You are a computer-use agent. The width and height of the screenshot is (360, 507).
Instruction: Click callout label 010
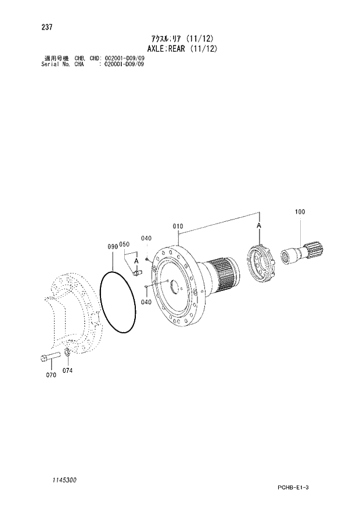click(178, 226)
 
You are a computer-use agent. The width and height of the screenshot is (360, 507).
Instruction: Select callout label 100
click(300, 212)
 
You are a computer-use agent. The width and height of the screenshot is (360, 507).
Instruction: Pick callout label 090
click(113, 246)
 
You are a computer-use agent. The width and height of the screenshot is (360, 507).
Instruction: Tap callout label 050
click(124, 245)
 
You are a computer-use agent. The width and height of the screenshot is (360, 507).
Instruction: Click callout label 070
click(51, 375)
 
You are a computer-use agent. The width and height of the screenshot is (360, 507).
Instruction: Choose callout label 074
click(68, 370)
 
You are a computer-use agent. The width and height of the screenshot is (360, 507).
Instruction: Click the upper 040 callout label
click(146, 239)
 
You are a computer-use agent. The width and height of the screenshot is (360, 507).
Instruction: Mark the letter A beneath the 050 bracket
click(136, 261)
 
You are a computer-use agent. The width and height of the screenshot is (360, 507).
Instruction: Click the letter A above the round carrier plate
click(259, 225)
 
